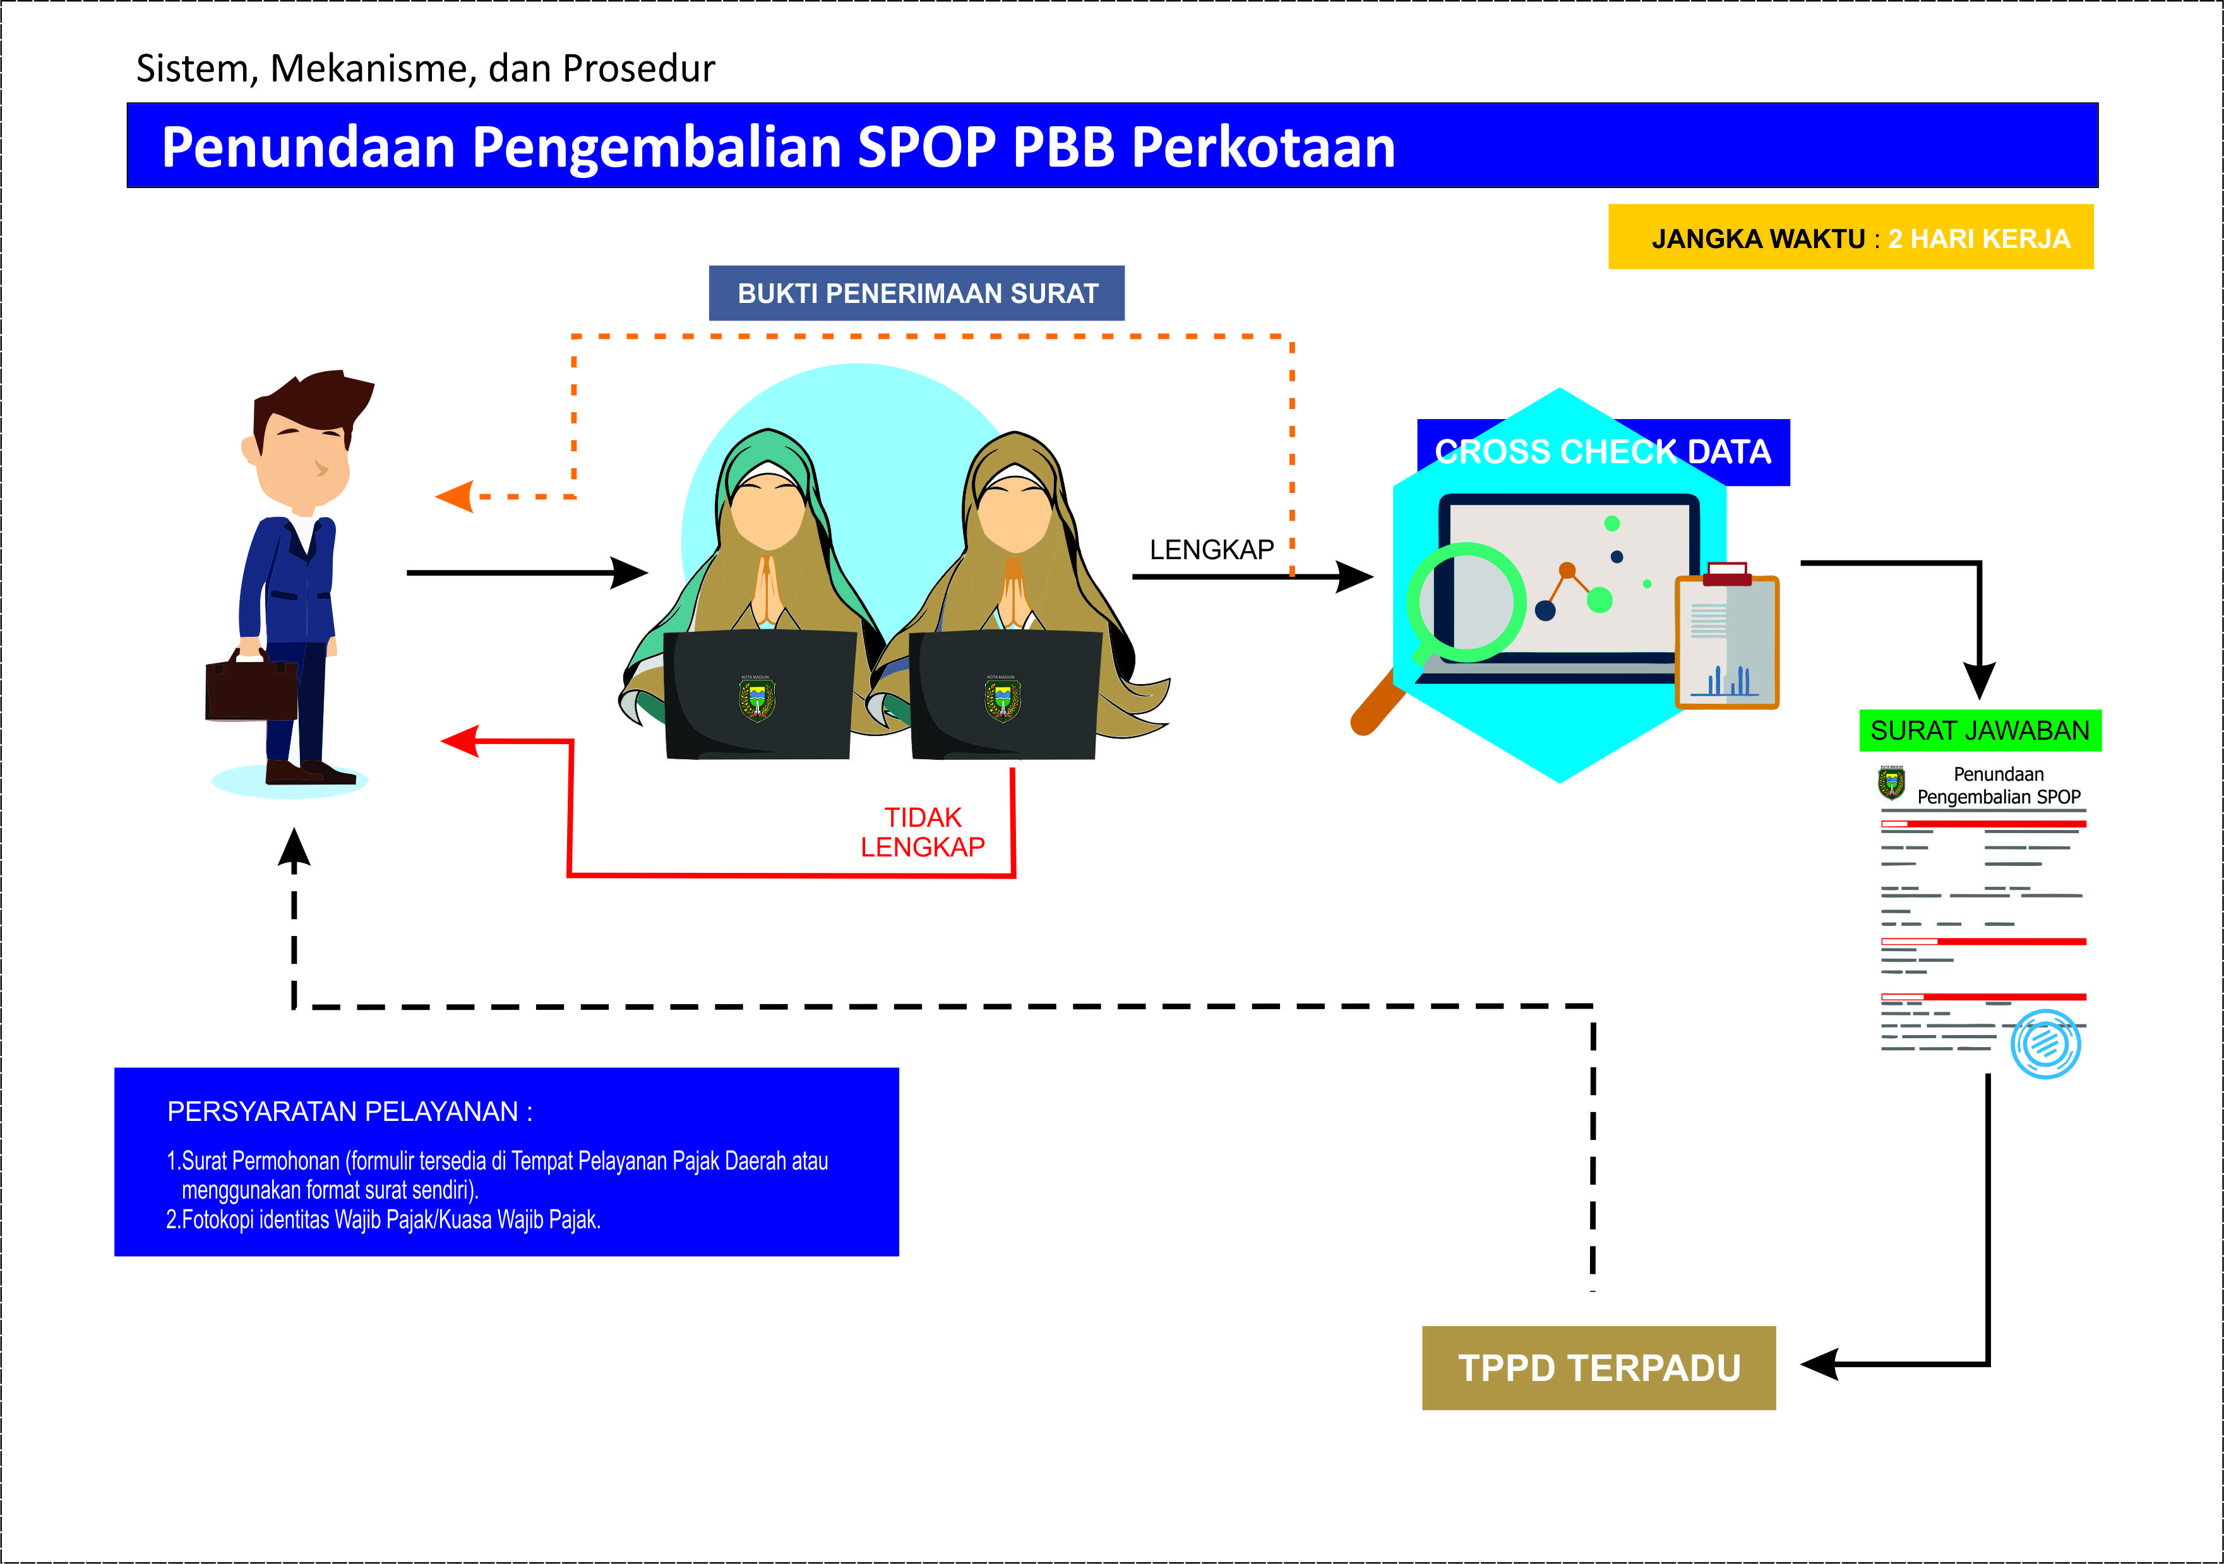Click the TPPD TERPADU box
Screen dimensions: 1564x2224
click(x=1598, y=1368)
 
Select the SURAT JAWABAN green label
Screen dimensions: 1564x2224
click(x=1979, y=730)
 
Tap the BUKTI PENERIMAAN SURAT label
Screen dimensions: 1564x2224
click(x=916, y=293)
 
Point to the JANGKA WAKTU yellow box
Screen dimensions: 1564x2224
click(x=1850, y=237)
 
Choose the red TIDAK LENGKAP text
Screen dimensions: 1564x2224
click(x=922, y=832)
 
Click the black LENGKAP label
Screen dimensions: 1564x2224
click(x=1211, y=550)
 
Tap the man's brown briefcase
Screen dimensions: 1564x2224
click(x=251, y=689)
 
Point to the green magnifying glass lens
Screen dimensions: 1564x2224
click(x=1466, y=602)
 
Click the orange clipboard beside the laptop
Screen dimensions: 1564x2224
click(x=1727, y=642)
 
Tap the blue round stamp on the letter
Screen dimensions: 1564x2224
click(x=2045, y=1044)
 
